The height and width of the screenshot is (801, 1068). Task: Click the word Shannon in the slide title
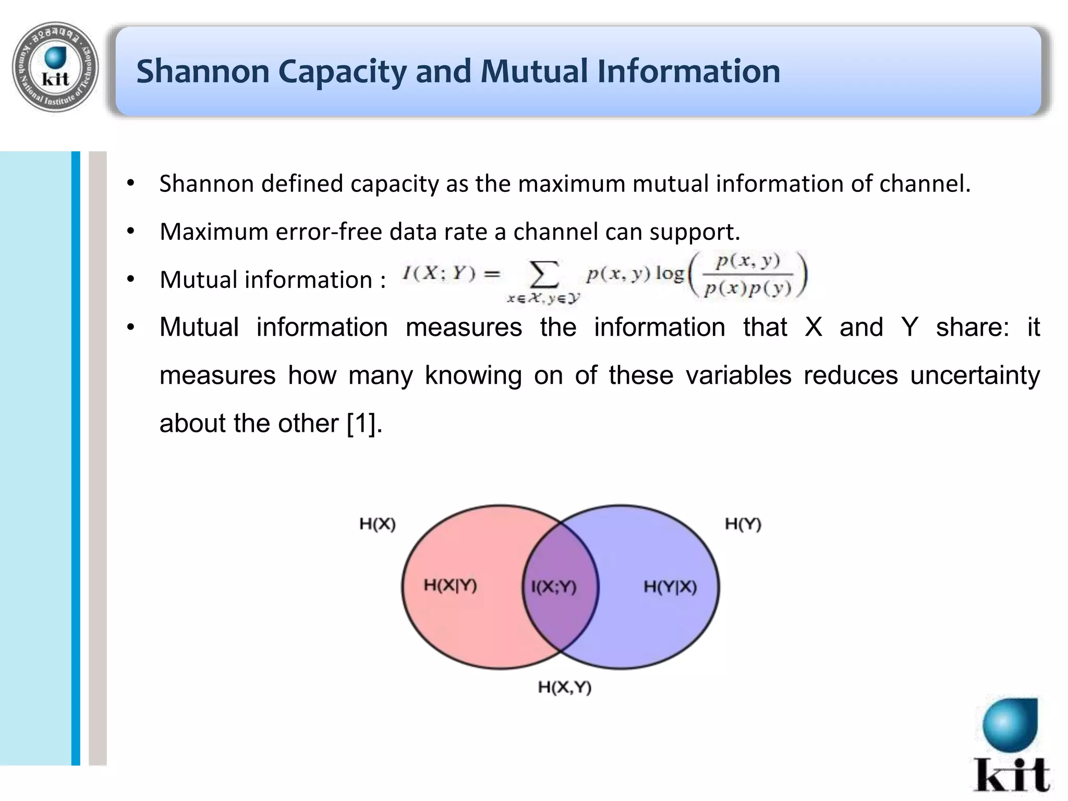click(203, 71)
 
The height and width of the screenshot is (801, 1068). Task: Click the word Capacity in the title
click(342, 72)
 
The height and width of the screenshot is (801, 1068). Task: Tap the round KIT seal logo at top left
click(55, 67)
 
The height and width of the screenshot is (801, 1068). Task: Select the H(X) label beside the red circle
click(378, 524)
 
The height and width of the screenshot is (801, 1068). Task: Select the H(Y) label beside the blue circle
click(743, 524)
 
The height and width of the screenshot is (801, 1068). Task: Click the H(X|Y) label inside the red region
click(450, 586)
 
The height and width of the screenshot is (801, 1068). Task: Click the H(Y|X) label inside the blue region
click(670, 587)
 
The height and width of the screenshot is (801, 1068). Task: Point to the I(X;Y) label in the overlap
click(553, 588)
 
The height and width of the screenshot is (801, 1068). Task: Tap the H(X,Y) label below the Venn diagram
click(565, 687)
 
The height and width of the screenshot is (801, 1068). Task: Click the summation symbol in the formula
click(543, 275)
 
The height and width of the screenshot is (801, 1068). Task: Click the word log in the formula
click(670, 273)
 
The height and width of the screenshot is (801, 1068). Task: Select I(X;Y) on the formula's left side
click(439, 273)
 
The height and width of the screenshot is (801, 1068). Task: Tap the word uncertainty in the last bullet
click(975, 375)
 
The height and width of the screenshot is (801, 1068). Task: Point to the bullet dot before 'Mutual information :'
click(131, 279)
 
